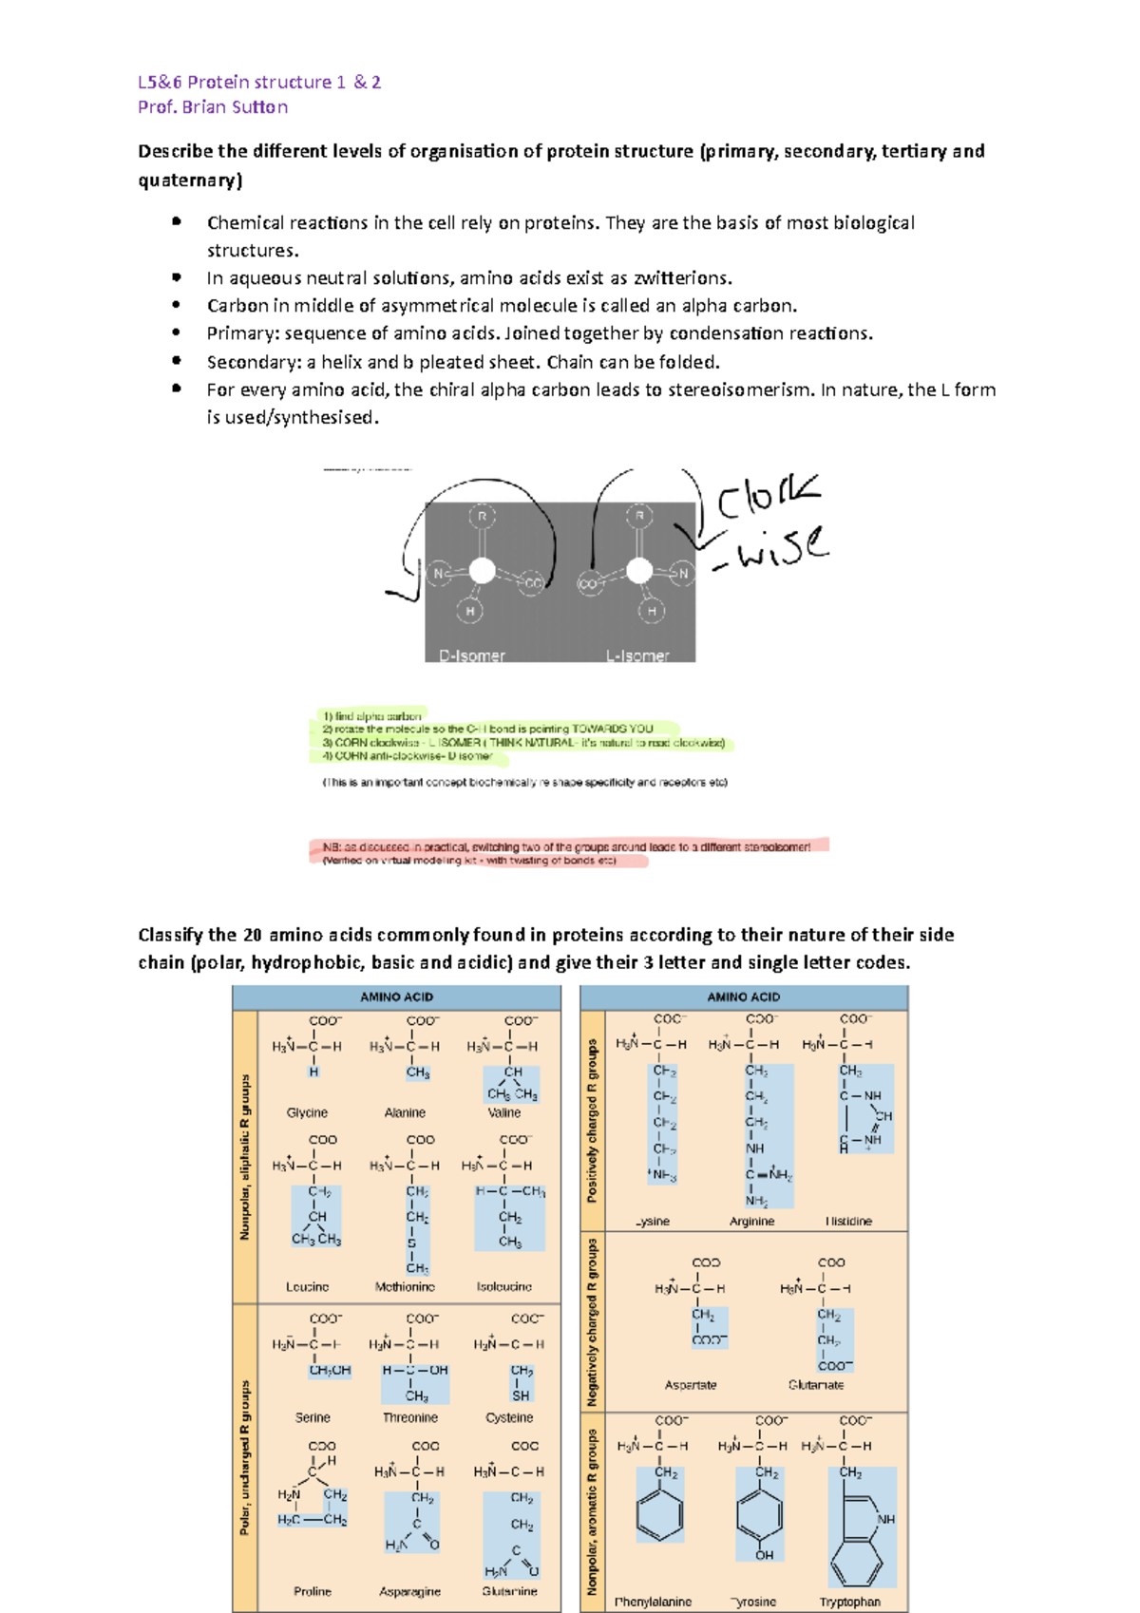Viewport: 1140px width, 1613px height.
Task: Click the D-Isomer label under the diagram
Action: (x=472, y=655)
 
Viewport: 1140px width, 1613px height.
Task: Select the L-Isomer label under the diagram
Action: (x=637, y=655)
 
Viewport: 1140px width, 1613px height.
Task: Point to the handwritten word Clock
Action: (x=768, y=496)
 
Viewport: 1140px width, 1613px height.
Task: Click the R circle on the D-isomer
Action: (x=483, y=517)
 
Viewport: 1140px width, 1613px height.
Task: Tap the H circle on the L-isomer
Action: (x=652, y=612)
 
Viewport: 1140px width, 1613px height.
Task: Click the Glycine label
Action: (x=307, y=1112)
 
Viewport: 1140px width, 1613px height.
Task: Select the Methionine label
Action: (x=405, y=1287)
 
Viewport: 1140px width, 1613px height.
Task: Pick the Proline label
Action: (x=313, y=1591)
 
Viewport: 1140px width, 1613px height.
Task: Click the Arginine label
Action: (x=751, y=1222)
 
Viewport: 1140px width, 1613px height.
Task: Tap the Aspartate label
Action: (x=691, y=1385)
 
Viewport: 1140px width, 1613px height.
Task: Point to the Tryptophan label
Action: (x=849, y=1602)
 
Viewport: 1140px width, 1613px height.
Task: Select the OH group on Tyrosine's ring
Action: (x=765, y=1555)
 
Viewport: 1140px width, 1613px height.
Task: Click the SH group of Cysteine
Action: (x=521, y=1396)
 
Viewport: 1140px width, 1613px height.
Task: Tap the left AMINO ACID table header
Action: (x=396, y=997)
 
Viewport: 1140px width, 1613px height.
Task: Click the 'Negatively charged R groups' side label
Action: (x=593, y=1322)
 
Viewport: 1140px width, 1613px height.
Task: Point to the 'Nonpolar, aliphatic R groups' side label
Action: (x=245, y=1157)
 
